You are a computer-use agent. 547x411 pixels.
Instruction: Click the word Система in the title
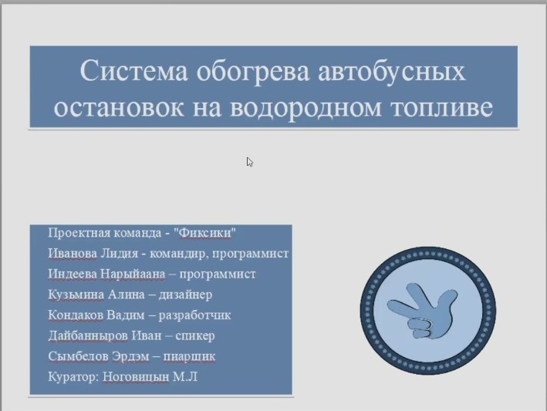[134, 71]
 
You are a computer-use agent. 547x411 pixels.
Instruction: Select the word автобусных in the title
[392, 72]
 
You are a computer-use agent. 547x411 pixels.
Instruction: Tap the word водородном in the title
[306, 107]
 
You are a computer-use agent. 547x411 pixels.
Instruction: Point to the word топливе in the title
[441, 107]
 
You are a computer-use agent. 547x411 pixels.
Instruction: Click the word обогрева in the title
[253, 72]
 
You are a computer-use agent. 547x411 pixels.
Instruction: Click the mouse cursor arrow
[250, 162]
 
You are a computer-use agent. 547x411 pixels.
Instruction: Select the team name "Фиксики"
[207, 233]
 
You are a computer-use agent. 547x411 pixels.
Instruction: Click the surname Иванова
[73, 253]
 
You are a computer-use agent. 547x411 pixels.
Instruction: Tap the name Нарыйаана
[133, 274]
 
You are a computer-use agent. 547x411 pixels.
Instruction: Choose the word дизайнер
[185, 295]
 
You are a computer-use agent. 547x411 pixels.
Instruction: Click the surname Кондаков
[76, 315]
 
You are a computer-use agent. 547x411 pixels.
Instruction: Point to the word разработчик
[194, 315]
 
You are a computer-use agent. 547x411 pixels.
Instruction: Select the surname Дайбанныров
[88, 335]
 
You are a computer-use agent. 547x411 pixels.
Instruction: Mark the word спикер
[195, 336]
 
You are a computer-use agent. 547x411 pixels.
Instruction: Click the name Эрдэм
[130, 356]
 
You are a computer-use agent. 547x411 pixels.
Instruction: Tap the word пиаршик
[190, 356]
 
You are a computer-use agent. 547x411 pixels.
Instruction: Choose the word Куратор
[74, 377]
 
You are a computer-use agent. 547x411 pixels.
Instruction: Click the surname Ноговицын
[136, 377]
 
